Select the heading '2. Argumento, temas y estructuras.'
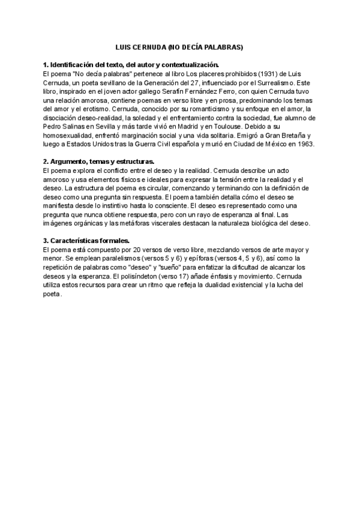tap(99, 162)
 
